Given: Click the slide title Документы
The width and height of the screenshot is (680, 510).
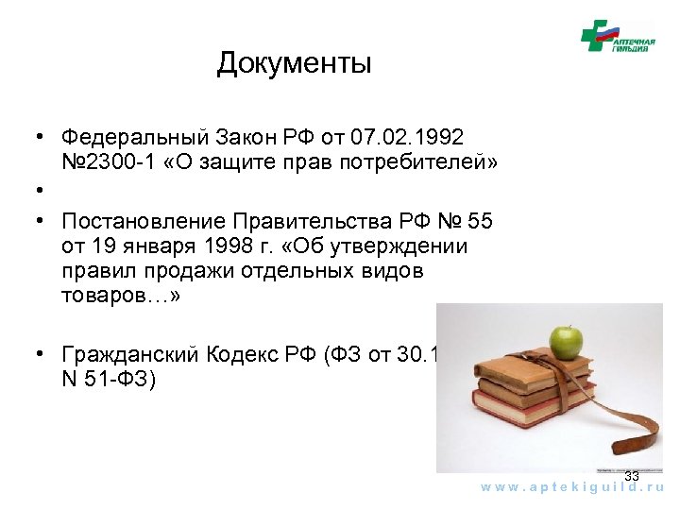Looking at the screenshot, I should click(294, 64).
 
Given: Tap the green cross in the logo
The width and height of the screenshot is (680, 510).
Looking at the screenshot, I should click(595, 36).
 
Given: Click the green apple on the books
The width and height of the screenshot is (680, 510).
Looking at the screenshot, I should click(566, 342).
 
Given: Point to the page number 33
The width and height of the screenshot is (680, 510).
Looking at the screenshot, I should click(632, 477).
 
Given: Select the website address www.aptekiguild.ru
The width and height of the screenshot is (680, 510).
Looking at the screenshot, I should click(572, 486).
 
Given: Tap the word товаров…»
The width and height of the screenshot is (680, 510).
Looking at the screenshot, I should click(120, 295).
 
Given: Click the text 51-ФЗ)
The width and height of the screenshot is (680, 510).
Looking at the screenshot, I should click(127, 380).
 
